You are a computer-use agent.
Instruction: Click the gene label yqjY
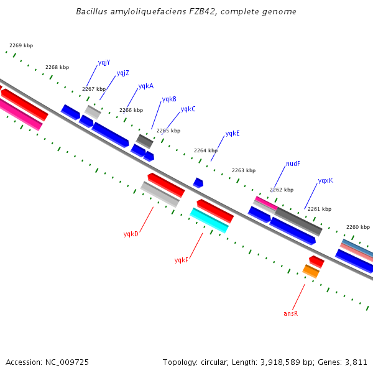104,63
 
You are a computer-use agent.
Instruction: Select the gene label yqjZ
122,73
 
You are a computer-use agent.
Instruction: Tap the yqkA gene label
145,86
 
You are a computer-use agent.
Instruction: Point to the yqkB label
168,99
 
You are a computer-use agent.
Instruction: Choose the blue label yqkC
188,109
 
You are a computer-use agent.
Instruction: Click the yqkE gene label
233,134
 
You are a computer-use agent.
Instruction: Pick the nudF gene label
293,164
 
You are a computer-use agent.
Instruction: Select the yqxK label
325,181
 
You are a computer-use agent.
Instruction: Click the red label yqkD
131,234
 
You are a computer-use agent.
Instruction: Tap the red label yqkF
181,260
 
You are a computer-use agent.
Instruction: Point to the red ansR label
290,314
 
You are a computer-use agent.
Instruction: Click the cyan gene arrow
209,220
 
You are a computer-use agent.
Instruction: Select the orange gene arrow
311,271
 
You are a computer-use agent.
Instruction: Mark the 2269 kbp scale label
21,45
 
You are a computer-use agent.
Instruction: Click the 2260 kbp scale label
357,227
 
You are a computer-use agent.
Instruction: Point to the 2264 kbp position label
205,150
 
